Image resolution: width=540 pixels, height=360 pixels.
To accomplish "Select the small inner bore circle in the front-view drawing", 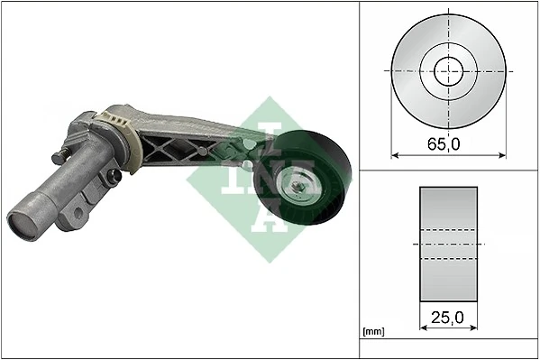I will pyautogui.click(x=448, y=69).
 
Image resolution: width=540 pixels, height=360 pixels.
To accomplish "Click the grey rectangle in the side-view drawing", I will pyautogui.click(x=448, y=244).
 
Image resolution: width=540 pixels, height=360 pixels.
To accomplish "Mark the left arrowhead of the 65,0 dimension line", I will pyautogui.click(x=395, y=155).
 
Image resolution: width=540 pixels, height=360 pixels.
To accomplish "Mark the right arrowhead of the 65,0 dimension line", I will pyautogui.click(x=502, y=155).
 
